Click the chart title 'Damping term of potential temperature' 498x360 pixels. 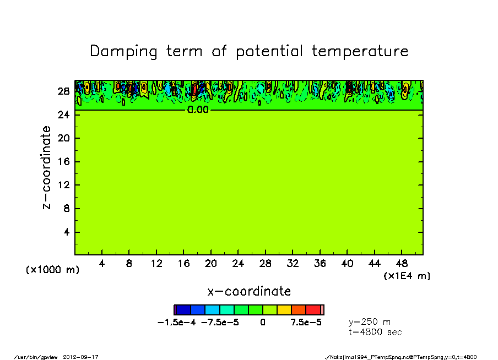point(249,51)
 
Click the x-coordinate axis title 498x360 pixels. point(249,291)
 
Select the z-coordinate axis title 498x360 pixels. point(47,167)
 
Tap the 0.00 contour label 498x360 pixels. point(198,110)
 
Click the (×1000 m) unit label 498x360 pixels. point(52,270)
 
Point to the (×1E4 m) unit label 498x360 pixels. point(407,276)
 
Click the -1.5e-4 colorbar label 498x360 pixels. point(177,323)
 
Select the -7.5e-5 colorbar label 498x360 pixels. point(220,323)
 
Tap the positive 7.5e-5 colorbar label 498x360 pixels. point(306,323)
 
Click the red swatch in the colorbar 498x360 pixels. point(313,310)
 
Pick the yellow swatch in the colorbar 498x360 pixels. point(284,310)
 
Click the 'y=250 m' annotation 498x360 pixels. point(370,321)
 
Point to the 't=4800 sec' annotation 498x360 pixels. point(375,332)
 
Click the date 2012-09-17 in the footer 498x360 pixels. point(84,357)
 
